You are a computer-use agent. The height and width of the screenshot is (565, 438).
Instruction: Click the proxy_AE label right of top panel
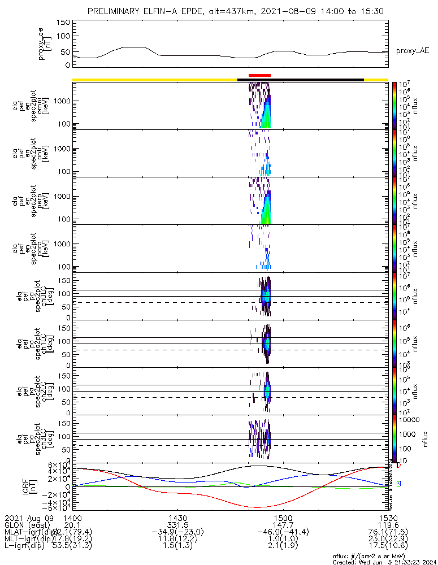point(412,51)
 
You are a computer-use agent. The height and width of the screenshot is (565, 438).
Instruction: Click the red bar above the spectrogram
point(259,75)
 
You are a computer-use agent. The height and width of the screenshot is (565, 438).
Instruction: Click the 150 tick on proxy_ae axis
point(63,23)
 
